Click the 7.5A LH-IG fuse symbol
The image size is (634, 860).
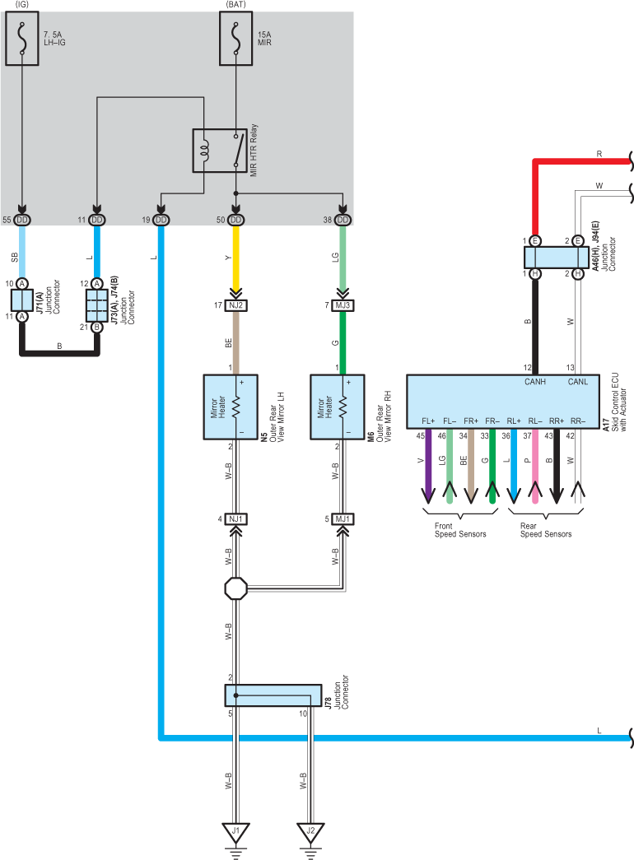[22, 39]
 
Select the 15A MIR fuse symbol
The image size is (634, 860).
[236, 39]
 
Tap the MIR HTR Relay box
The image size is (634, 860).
[220, 151]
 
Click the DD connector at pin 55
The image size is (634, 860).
[22, 220]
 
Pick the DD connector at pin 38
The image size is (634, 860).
[343, 220]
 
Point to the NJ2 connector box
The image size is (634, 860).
[236, 305]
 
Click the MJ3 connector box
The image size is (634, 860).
[343, 305]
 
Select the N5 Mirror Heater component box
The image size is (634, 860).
[231, 407]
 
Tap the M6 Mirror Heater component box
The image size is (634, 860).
[338, 407]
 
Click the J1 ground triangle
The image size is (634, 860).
[236, 832]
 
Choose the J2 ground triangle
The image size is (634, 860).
[310, 832]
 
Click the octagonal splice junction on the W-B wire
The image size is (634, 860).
[236, 588]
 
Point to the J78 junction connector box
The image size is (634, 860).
[273, 695]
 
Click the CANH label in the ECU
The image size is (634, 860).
[535, 382]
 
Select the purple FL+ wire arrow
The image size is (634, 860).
[428, 466]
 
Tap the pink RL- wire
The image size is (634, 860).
[535, 466]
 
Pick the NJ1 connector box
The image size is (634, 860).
[236, 518]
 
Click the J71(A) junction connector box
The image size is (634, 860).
[22, 300]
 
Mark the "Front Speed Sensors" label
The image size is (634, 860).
[460, 530]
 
